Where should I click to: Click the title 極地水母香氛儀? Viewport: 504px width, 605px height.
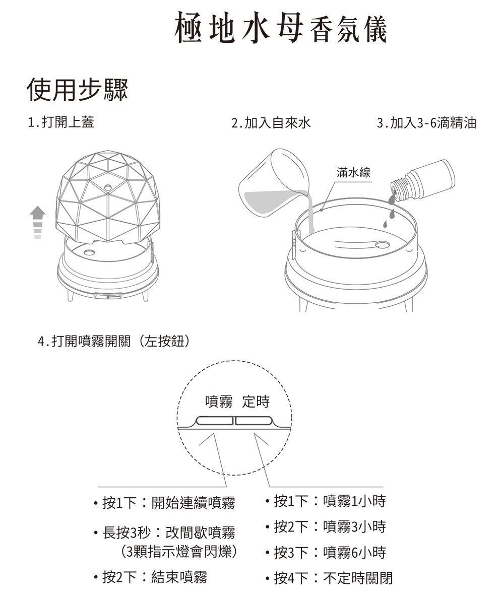tap(281, 28)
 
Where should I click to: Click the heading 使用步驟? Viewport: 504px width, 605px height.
tap(77, 90)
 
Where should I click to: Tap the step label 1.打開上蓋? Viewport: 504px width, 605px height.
tap(61, 122)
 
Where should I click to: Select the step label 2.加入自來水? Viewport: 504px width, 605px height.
tap(271, 122)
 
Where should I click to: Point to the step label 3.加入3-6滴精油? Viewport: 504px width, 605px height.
tap(426, 122)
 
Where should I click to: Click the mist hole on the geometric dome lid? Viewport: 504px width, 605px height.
tap(108, 187)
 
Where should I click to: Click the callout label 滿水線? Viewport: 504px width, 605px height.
tap(353, 173)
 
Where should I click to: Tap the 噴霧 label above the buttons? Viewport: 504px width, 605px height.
tap(219, 401)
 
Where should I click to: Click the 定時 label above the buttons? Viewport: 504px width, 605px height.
tap(256, 401)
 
